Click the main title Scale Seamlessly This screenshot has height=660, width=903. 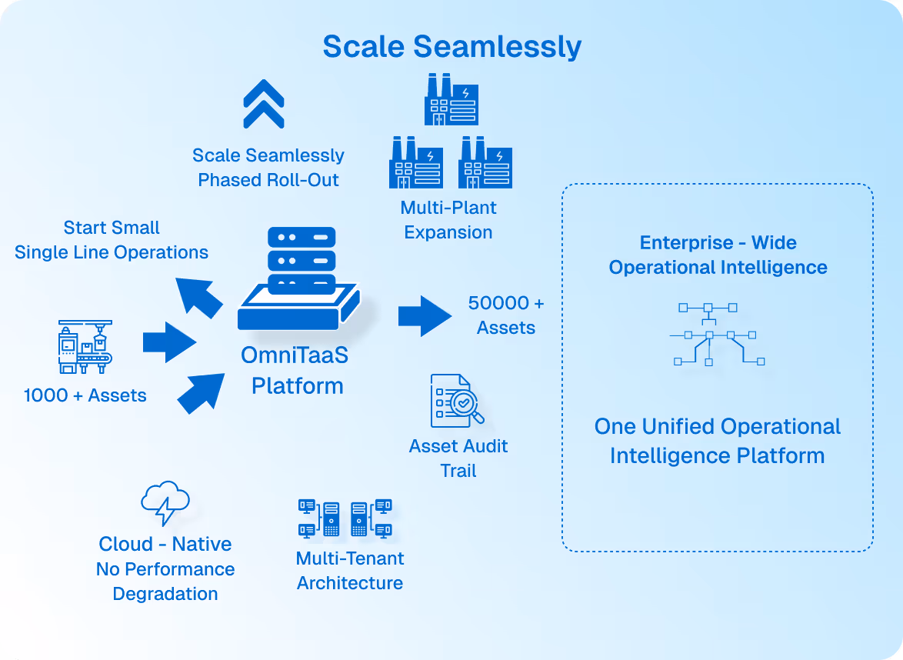click(451, 46)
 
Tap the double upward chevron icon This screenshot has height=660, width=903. click(264, 104)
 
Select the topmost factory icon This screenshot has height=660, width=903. click(451, 99)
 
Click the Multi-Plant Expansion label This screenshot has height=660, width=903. click(448, 220)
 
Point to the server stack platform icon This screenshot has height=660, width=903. click(298, 280)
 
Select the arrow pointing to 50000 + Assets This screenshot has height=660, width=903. click(425, 315)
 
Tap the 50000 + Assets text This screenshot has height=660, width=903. click(505, 315)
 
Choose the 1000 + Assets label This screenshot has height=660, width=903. click(85, 395)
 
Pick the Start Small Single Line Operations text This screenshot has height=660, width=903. click(112, 240)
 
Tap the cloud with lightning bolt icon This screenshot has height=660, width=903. click(165, 503)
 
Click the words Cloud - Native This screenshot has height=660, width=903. click(165, 544)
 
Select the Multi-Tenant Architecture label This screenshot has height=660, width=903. click(350, 571)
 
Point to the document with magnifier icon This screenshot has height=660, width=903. click(457, 401)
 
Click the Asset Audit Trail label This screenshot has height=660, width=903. click(458, 458)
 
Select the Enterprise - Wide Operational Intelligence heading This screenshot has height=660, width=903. click(718, 255)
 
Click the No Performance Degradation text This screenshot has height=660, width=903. click(165, 582)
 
